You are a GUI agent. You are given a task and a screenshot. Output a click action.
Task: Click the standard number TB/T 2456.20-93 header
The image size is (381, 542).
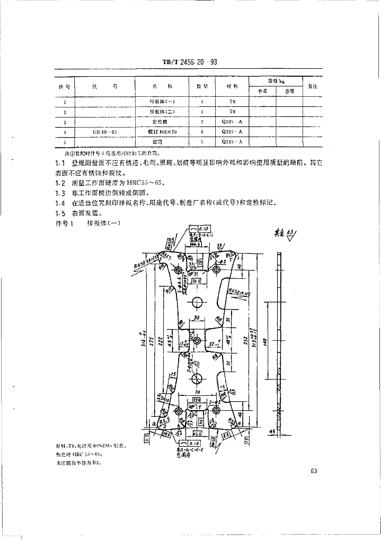[190, 62]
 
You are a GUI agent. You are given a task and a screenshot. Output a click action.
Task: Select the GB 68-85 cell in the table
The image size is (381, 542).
[105, 131]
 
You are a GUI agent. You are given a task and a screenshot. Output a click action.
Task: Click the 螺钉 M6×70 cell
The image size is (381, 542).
[163, 131]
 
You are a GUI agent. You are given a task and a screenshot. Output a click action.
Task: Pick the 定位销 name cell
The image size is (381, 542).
[163, 122]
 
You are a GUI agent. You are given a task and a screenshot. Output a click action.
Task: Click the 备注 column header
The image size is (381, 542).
[312, 86]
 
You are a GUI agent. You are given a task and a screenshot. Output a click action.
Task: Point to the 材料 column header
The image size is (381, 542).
[233, 86]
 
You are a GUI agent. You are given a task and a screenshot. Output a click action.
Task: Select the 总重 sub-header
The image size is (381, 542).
[289, 91]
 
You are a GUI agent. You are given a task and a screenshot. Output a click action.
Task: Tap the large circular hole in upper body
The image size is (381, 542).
[198, 303]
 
